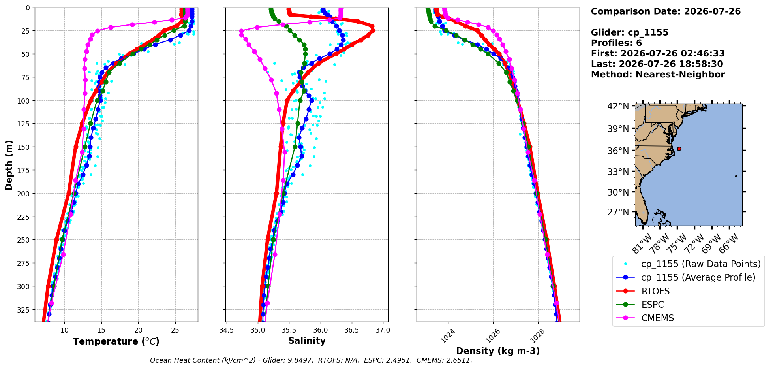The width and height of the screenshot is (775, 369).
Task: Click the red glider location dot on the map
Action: click(x=679, y=149)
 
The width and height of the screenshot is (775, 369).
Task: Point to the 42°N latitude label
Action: click(x=618, y=106)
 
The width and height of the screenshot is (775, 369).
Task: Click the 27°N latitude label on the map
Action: click(x=618, y=212)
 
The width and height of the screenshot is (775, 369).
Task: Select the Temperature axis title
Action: click(x=116, y=341)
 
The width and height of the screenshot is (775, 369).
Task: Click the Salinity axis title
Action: click(x=307, y=341)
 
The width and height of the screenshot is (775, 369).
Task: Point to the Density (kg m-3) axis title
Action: click(x=498, y=351)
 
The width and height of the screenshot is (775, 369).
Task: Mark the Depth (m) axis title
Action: click(x=9, y=165)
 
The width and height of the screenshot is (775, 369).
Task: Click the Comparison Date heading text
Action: click(x=666, y=11)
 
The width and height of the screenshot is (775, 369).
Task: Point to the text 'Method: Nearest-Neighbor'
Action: click(x=658, y=75)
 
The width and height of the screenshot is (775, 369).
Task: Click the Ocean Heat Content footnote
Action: click(x=311, y=360)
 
